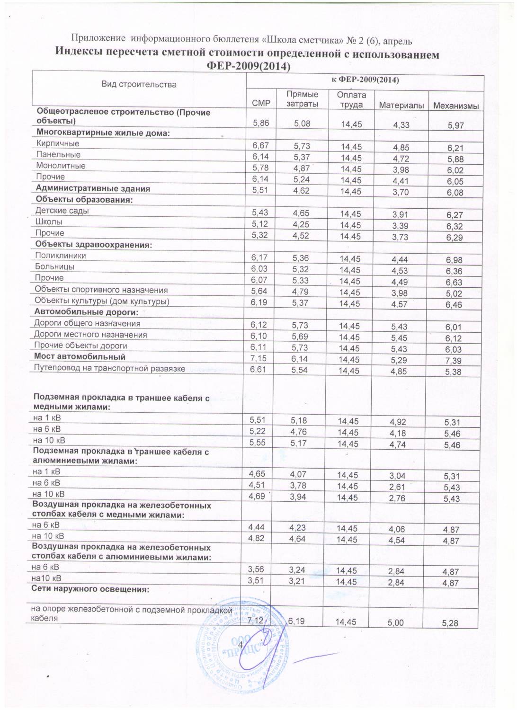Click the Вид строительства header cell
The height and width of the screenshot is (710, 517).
139,85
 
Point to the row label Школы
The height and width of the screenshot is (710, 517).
49,222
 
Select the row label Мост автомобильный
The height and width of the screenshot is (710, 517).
79,356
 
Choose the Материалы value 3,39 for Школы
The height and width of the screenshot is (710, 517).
401,226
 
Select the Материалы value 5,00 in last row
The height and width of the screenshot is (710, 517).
396,623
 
